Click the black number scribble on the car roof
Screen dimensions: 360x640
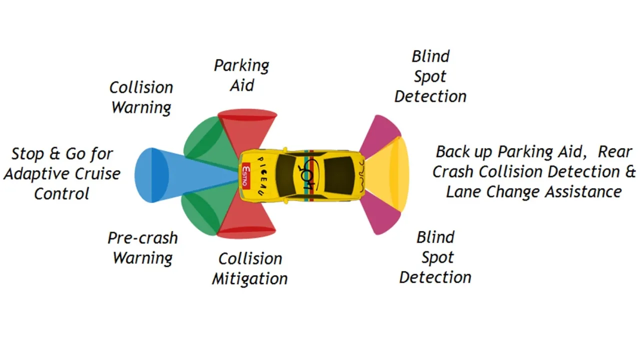pos(306,176)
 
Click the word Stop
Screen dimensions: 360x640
pos(29,153)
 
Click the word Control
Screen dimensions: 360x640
pos(61,194)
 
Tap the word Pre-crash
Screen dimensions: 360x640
pos(142,238)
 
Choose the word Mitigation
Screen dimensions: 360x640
pos(249,279)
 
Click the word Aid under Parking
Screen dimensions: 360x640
pos(242,85)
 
